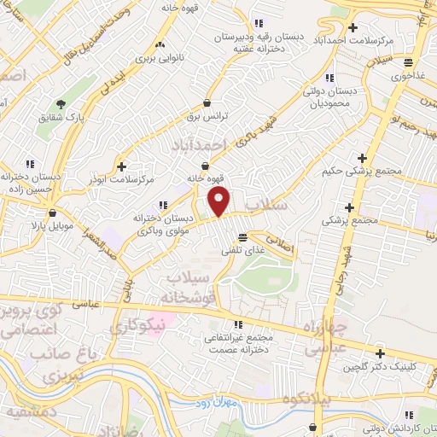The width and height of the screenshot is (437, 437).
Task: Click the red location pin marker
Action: [219, 201]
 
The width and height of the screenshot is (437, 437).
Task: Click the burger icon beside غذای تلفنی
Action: [243, 236]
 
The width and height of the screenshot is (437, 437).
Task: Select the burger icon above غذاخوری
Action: [410, 61]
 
